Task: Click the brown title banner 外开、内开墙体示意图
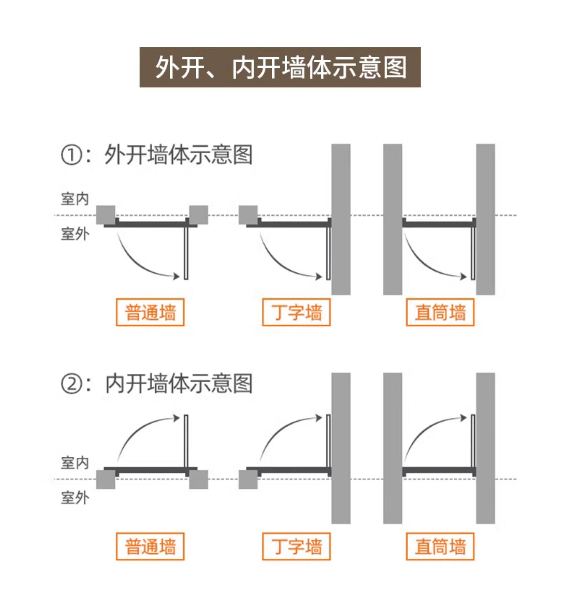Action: pyautogui.click(x=280, y=67)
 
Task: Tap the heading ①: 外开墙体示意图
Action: pyautogui.click(x=157, y=155)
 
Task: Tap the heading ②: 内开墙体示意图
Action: pyautogui.click(x=157, y=384)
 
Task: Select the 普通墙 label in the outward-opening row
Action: pyautogui.click(x=150, y=312)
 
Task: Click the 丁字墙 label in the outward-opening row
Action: pyautogui.click(x=296, y=312)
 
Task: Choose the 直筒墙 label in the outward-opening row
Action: pyautogui.click(x=440, y=312)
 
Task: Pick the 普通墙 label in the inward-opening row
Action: pyautogui.click(x=150, y=546)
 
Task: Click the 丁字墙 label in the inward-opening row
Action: pyautogui.click(x=296, y=546)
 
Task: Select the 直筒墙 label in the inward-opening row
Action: pyautogui.click(x=440, y=546)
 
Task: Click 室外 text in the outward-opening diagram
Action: pyautogui.click(x=75, y=234)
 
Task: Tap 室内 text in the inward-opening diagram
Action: pyautogui.click(x=75, y=463)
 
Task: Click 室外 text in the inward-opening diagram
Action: pyautogui.click(x=75, y=498)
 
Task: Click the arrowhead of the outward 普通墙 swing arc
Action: pyautogui.click(x=176, y=276)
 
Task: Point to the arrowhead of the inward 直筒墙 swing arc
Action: pyautogui.click(x=463, y=418)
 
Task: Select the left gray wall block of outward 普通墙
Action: pyautogui.click(x=106, y=215)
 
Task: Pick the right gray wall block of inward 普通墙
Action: pyautogui.click(x=198, y=479)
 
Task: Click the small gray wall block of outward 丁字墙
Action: pyautogui.click(x=248, y=215)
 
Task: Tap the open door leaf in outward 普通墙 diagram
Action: pyautogui.click(x=186, y=253)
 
